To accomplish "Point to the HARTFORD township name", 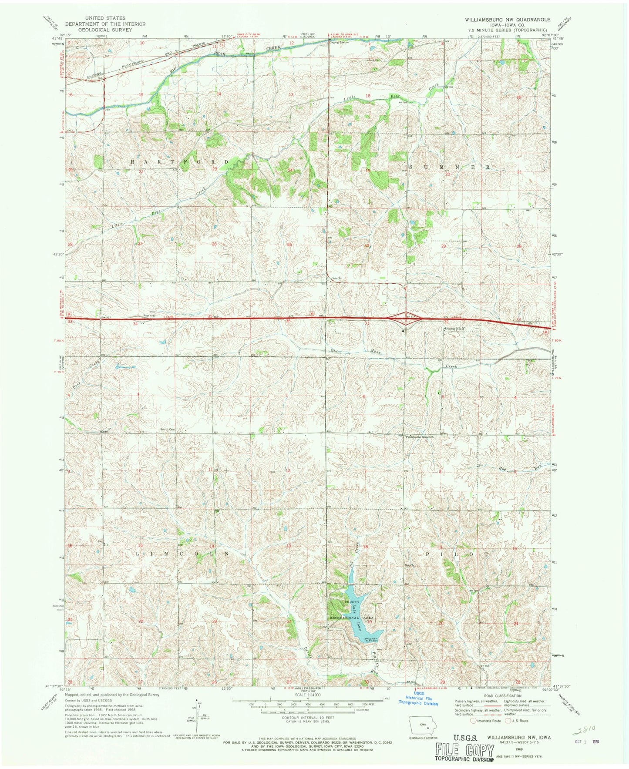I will pyautogui.click(x=180, y=161).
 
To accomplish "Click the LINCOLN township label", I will pyautogui.click(x=183, y=554).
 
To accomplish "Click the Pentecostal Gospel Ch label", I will pyautogui.click(x=420, y=436).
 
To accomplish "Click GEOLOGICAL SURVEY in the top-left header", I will pyautogui.click(x=105, y=30).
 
